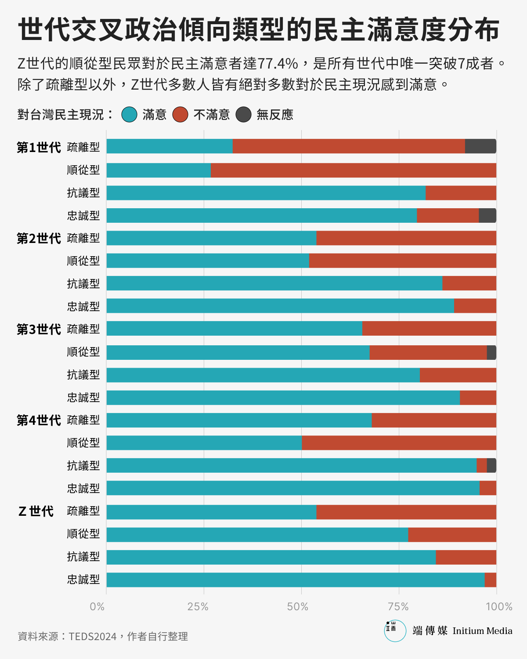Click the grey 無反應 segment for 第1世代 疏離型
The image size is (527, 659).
point(480,146)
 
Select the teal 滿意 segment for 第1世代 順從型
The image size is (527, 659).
point(159,170)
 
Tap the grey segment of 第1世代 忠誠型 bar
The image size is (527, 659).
point(487,216)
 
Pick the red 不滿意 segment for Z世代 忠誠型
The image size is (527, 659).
point(491,579)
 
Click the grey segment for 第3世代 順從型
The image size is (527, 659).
point(491,352)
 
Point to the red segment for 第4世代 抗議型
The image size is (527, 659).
point(482,465)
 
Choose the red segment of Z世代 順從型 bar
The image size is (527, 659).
point(452,534)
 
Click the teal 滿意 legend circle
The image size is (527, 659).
point(130,115)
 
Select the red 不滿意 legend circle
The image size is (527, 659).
point(180,115)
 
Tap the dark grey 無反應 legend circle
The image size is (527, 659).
point(243,115)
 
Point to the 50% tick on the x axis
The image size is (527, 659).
point(298,607)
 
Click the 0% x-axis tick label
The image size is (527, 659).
point(97,607)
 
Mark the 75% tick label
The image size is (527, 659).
point(398,607)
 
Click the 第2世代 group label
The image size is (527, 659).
point(39,239)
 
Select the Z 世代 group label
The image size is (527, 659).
point(36,511)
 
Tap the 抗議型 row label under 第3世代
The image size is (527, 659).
point(83,375)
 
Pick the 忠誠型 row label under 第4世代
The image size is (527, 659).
point(83,488)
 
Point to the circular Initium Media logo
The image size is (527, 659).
point(395,630)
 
